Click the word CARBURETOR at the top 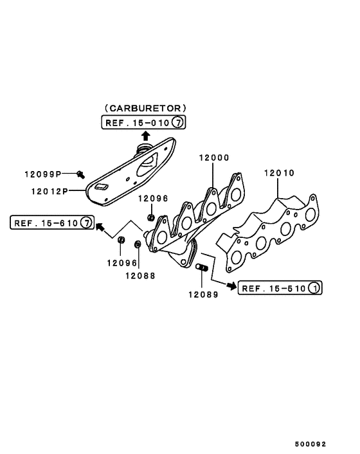pos(145,108)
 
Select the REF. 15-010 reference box pos(143,122)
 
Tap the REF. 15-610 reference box pos(52,222)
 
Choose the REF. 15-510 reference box pos(280,288)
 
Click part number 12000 pos(214,158)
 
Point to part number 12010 pos(279,173)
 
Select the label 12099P pos(43,174)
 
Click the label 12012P pos(50,192)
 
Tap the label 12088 pos(140,276)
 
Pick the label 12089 pos(203,295)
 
